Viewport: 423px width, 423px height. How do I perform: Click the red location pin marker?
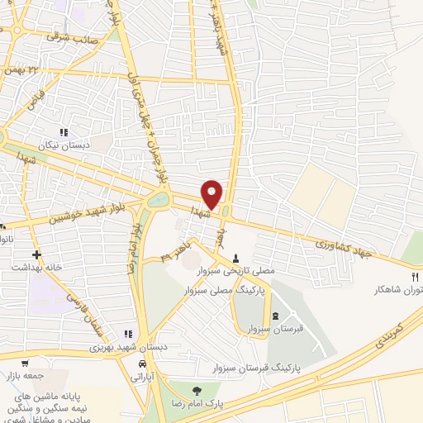tap(212, 194)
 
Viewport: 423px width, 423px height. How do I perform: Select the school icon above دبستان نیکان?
tap(63, 132)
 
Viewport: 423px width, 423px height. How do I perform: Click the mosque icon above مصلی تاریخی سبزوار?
tap(239, 256)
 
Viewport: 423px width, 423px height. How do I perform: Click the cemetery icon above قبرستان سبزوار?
tap(274, 316)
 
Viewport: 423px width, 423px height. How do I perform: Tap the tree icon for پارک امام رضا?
tap(196, 392)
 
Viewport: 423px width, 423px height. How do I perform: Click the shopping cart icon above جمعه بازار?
tap(26, 363)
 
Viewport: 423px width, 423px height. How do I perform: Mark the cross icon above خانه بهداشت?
tap(36, 254)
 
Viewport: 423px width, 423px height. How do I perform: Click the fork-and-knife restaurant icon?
tap(416, 276)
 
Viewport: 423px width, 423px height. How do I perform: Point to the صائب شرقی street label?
tap(73, 37)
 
